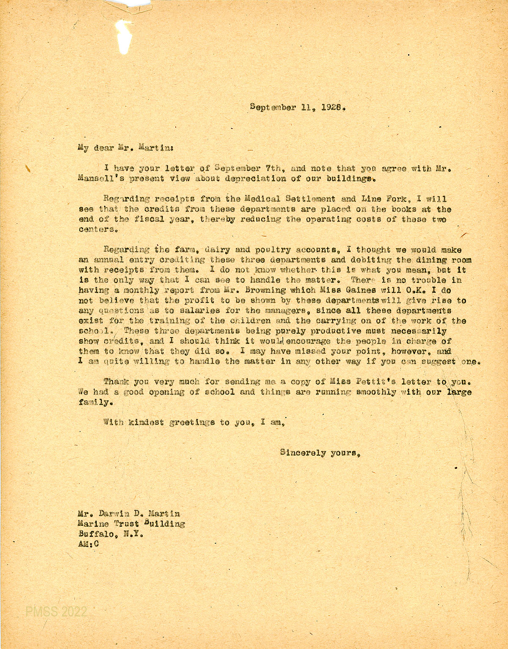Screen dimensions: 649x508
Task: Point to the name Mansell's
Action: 101,179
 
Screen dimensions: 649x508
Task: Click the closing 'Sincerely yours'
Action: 320,453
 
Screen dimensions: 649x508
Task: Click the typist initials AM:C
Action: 89,544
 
